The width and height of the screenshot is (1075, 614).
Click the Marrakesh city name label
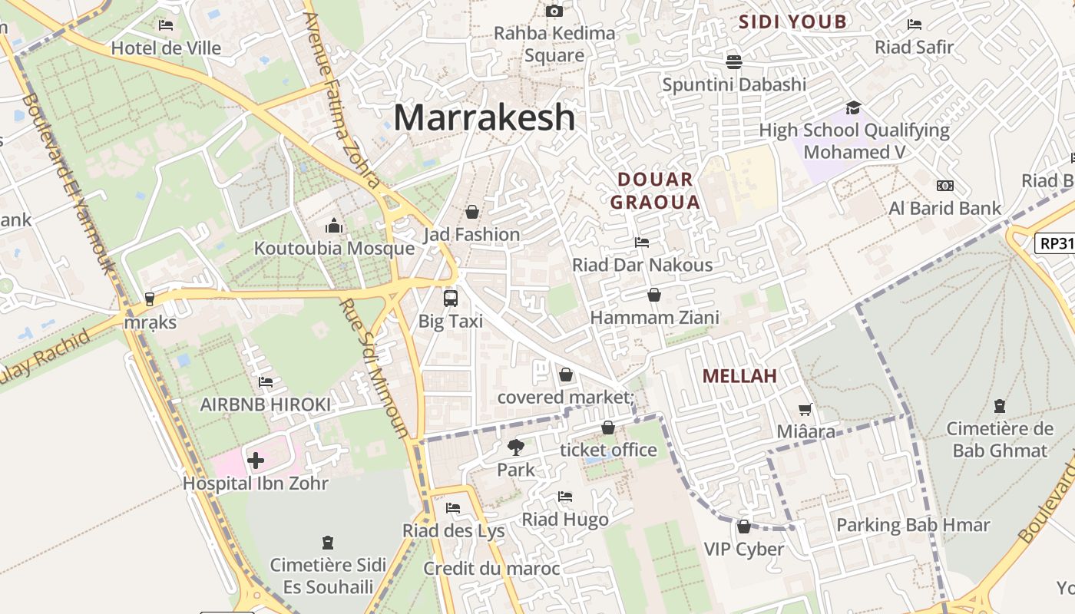coord(484,117)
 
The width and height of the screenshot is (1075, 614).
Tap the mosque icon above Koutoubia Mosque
coord(334,226)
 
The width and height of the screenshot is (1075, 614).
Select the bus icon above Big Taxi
coord(451,298)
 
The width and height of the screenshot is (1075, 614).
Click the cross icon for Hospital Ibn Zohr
coord(256,460)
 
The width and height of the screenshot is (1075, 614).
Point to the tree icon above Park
coord(515,447)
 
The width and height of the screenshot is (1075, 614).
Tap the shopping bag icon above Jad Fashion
coord(472,211)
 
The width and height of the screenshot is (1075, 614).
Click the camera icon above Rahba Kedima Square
coord(554,11)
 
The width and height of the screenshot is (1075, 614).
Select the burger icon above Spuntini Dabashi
coord(734,61)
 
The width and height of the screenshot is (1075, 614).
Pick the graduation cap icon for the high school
coord(853,107)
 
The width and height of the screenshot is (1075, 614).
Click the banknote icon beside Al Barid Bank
coord(945,186)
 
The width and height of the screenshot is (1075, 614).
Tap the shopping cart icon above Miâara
coord(805,409)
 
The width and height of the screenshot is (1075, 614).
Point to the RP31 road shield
coord(1055,243)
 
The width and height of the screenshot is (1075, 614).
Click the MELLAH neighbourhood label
coord(739,376)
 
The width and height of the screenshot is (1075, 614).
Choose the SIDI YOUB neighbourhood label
coord(792,21)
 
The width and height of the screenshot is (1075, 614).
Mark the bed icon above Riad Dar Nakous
coord(642,243)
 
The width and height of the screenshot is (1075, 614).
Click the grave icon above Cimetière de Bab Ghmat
coord(999,405)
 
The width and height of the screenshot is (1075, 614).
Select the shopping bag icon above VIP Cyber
coord(743,527)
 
